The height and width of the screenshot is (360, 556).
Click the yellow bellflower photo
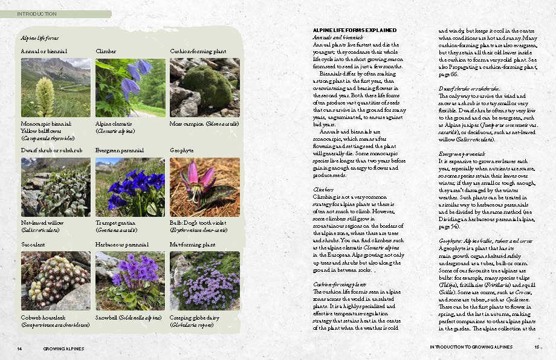coord(56,88)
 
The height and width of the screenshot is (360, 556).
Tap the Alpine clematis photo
coord(130,88)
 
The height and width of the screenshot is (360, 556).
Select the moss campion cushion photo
coord(204,88)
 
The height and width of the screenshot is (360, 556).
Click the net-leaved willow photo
coord(56,187)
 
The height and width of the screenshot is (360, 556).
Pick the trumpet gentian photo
coord(130,187)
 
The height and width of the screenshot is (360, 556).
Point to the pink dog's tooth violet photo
coord(204,187)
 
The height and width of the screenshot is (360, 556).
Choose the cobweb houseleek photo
coord(56,281)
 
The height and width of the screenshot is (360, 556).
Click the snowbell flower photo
coord(130,281)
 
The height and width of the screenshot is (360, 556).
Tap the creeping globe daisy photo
coord(204,281)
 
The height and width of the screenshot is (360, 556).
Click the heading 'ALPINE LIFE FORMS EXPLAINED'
coord(354,30)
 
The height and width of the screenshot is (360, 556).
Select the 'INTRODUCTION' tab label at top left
coord(37,14)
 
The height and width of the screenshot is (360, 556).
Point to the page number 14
coord(19,349)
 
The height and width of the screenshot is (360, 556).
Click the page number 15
coord(536,347)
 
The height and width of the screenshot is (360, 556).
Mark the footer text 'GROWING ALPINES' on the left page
coord(63,349)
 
